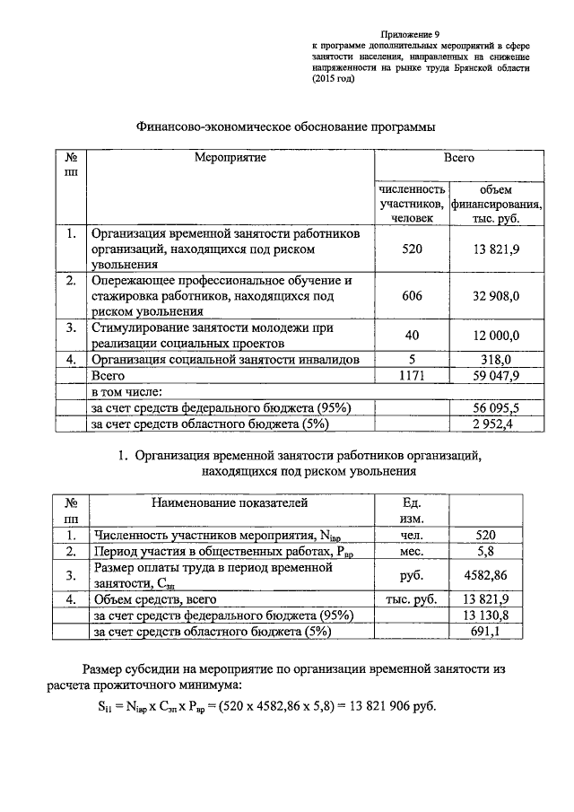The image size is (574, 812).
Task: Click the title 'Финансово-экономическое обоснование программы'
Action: [x=285, y=127]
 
